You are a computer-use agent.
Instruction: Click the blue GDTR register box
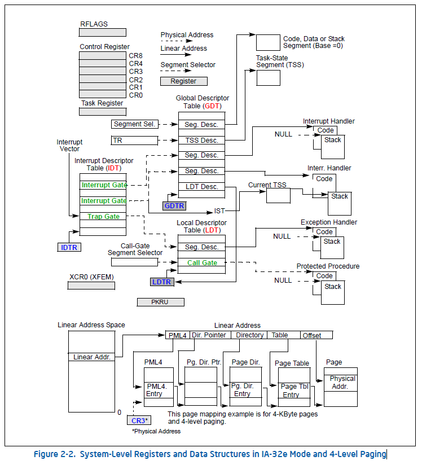174,206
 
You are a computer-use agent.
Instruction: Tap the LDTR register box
162,281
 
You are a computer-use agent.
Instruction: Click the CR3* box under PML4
139,420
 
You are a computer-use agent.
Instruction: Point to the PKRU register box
160,302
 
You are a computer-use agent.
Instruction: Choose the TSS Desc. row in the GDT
201,140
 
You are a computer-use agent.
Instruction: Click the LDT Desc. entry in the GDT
201,187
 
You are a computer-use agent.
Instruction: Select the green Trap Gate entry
103,216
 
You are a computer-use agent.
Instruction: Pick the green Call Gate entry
201,262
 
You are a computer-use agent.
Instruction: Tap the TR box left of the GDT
134,140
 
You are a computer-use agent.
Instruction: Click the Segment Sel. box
134,124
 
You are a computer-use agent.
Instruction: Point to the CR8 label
135,55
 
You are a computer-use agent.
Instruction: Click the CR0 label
135,95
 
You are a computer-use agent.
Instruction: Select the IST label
219,210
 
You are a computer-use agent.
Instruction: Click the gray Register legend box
183,81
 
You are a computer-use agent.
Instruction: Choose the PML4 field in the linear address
178,335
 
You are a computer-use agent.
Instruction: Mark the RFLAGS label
94,24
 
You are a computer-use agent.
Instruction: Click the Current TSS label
268,185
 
